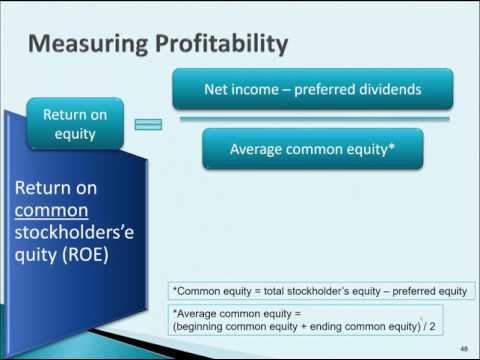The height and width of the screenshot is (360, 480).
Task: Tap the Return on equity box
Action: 76,122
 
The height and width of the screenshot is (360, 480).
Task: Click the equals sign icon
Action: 148,124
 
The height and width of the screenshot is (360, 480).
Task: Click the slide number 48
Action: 464,347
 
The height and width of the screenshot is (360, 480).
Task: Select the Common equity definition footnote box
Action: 320,291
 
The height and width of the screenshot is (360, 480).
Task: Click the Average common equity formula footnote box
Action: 320,319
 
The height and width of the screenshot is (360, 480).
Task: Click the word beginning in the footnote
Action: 205,326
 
